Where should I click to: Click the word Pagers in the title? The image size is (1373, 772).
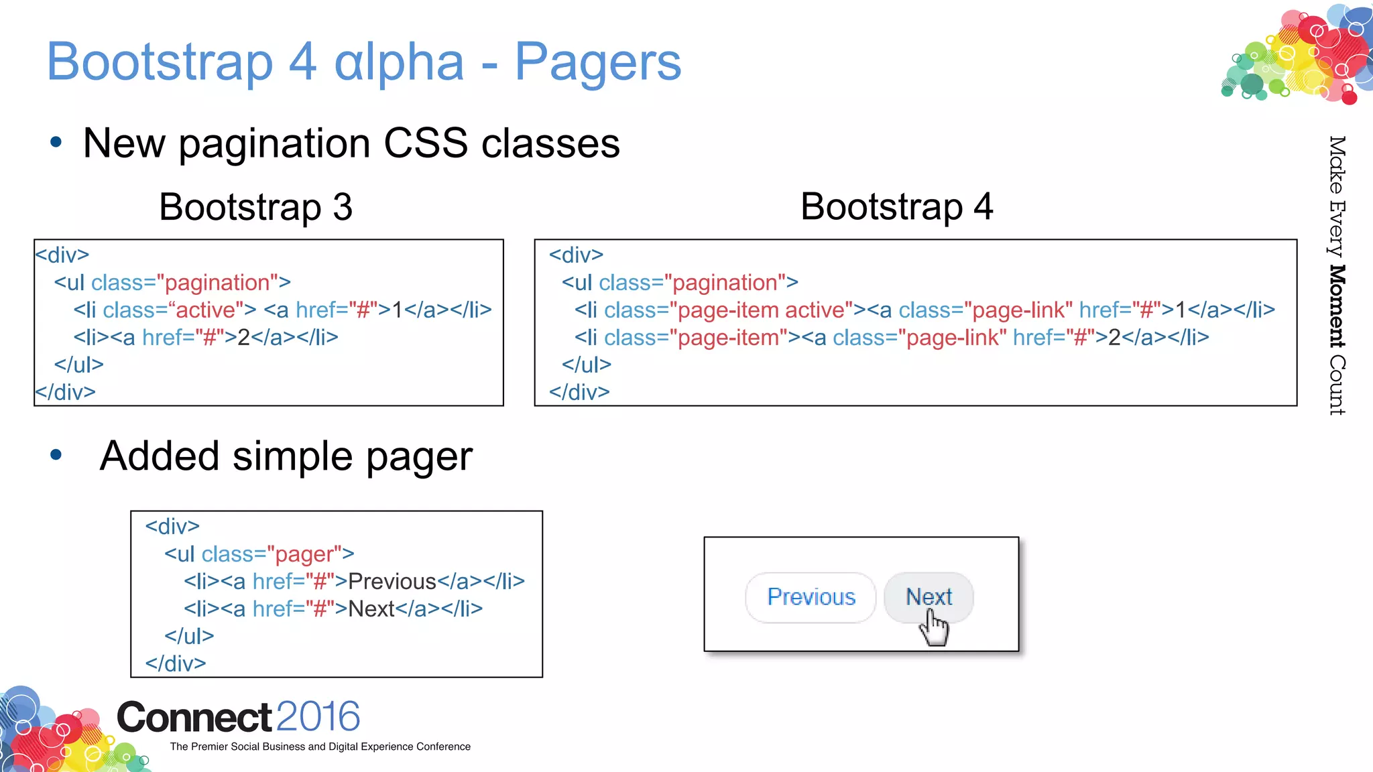tap(597, 62)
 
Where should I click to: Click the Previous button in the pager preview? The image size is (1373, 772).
tap(811, 597)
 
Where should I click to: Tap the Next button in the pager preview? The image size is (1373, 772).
tap(929, 596)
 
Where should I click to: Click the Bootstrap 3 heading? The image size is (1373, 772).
tap(255, 206)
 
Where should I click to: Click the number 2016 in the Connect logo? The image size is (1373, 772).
tap(318, 716)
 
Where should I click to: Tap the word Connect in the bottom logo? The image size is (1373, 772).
tap(194, 718)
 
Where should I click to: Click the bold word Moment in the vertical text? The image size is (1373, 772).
tap(1337, 306)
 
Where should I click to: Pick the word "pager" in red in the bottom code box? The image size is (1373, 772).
tap(304, 554)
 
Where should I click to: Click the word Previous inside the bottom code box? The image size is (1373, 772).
tap(392, 582)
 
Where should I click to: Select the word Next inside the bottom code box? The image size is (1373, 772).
tap(371, 609)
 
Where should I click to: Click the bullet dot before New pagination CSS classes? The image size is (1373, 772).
tap(56, 142)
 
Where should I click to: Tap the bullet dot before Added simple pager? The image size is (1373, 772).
tap(56, 455)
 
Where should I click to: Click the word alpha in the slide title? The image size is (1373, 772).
tap(399, 62)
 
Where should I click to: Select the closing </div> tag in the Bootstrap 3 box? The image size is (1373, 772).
tap(65, 392)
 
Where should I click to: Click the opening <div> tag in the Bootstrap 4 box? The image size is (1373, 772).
tap(576, 255)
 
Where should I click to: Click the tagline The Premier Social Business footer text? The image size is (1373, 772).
tap(320, 747)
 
